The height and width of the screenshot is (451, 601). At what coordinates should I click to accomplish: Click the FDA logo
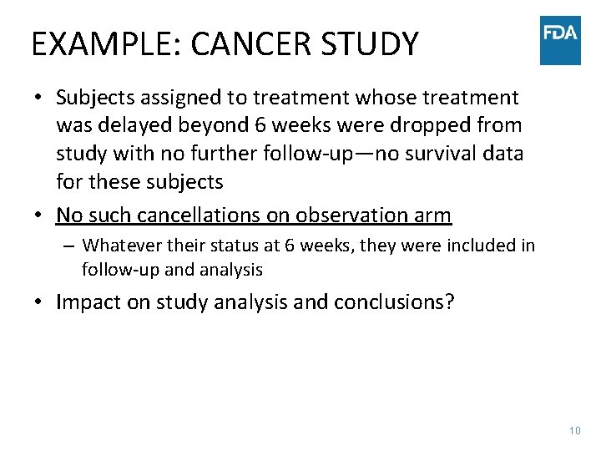pos(560,40)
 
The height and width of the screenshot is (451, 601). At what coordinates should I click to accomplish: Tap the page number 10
pos(573,431)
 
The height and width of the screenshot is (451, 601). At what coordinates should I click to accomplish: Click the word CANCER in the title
pos(245,43)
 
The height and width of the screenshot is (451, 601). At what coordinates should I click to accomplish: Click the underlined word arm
pos(432,215)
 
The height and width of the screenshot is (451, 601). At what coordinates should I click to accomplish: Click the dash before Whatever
pos(70,246)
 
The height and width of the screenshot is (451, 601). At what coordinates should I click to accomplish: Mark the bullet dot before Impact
pos(39,302)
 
